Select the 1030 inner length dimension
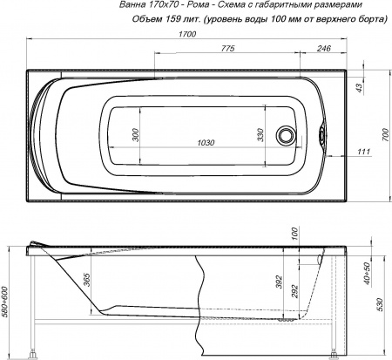(206, 143)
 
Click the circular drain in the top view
(285, 136)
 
